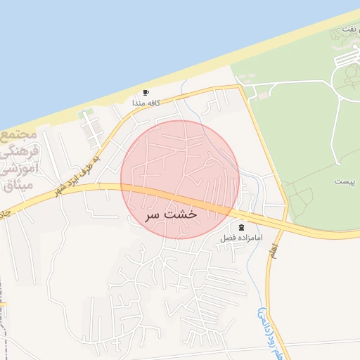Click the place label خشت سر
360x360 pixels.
[x=172, y=214]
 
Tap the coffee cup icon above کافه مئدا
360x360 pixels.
[x=146, y=92]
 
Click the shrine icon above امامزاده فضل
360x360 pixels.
[x=243, y=227]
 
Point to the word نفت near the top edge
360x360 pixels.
[x=349, y=28]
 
